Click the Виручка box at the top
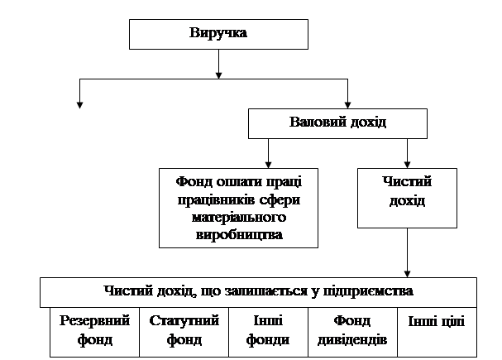tap(218, 34)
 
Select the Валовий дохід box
tap(338, 123)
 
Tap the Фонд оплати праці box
tap(239, 208)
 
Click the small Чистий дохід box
tap(407, 198)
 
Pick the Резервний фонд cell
tap(84, 331)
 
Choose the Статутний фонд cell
tap(184, 331)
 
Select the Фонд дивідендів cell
tap(351, 331)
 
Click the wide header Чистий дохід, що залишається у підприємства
tap(259, 292)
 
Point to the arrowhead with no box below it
tap(79, 104)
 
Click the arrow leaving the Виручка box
tap(218, 63)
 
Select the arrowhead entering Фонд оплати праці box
tap(268, 163)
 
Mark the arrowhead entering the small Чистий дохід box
tap(407, 163)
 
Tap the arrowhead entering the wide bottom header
tap(407, 272)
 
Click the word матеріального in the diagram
tap(239, 218)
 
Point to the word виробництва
tap(239, 234)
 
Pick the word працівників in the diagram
tap(214, 203)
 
